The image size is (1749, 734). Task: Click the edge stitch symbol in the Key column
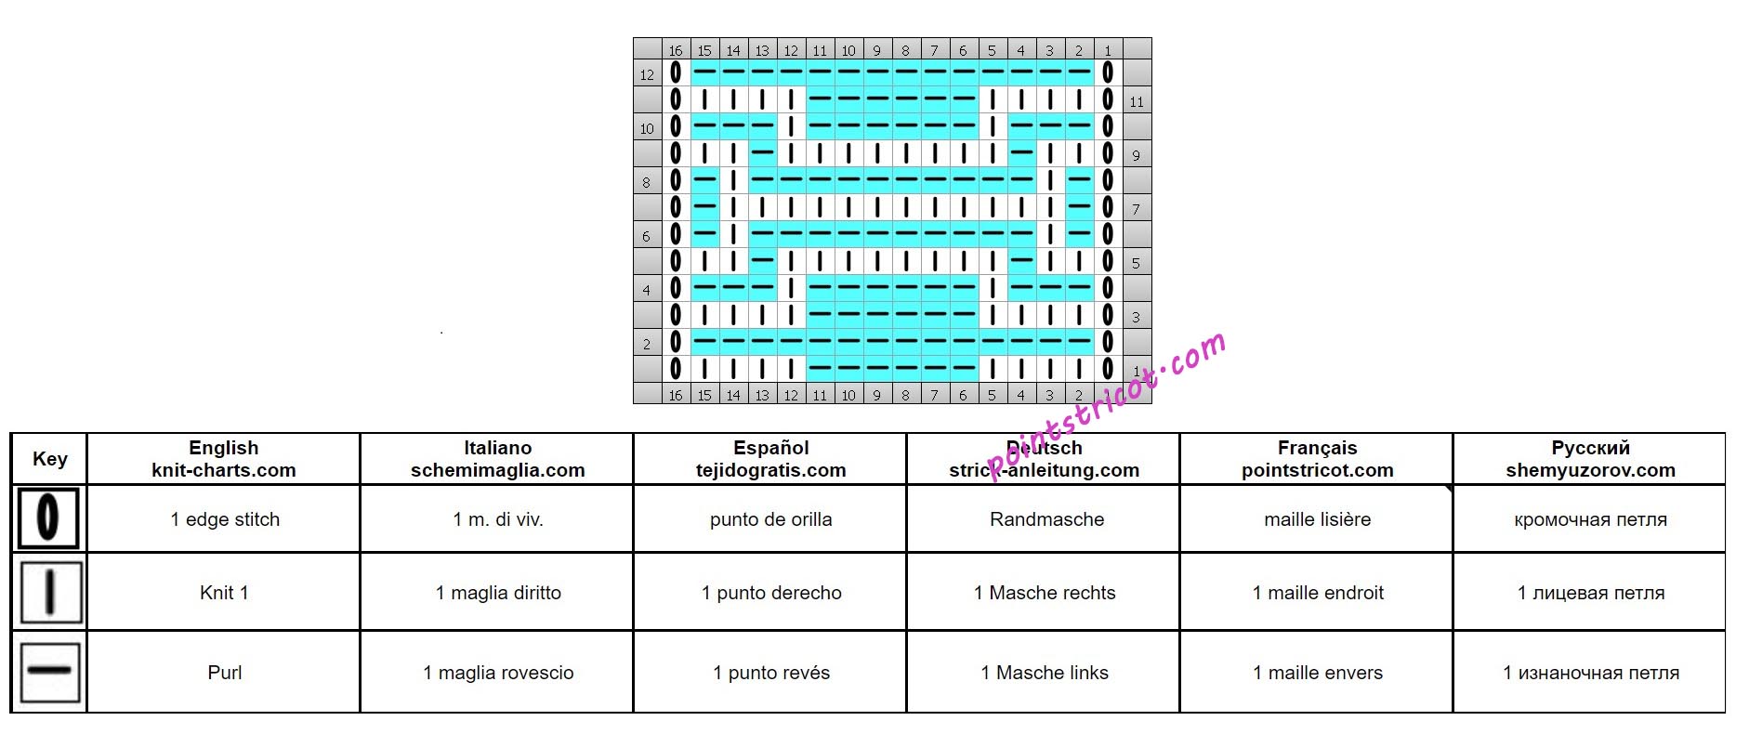tap(48, 518)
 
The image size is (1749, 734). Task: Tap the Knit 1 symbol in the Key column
tap(49, 592)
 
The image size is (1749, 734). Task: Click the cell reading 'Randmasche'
tap(1046, 519)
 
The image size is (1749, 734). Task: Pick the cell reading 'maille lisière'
tap(1317, 519)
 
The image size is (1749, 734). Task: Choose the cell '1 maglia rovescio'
tap(498, 673)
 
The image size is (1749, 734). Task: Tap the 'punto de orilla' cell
tap(770, 519)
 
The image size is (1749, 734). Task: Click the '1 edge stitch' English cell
tap(225, 519)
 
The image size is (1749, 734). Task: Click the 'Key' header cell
tap(49, 459)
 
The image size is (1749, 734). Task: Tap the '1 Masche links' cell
tap(1045, 673)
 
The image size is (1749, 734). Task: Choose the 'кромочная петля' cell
tap(1590, 519)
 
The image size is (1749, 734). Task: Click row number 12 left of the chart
tap(647, 74)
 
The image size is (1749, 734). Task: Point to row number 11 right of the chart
tap(1137, 101)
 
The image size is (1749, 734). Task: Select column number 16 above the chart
tap(676, 50)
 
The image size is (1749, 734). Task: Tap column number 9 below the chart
tap(876, 395)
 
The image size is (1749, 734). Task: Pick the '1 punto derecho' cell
tap(771, 593)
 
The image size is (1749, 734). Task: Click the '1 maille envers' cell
tap(1317, 673)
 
